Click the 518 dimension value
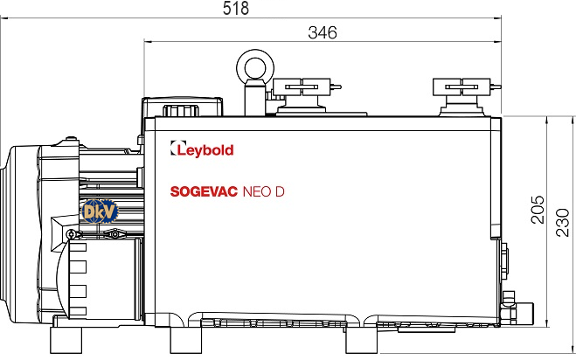pyautogui.click(x=235, y=8)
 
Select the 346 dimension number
pyautogui.click(x=323, y=32)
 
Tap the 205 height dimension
pyautogui.click(x=538, y=210)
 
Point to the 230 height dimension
pyautogui.click(x=562, y=223)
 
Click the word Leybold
pyautogui.click(x=205, y=150)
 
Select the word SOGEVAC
pyautogui.click(x=204, y=191)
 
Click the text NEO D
pyautogui.click(x=264, y=191)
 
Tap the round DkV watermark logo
pyautogui.click(x=100, y=211)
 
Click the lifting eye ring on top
pyautogui.click(x=255, y=67)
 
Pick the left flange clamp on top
pyautogui.click(x=302, y=87)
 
